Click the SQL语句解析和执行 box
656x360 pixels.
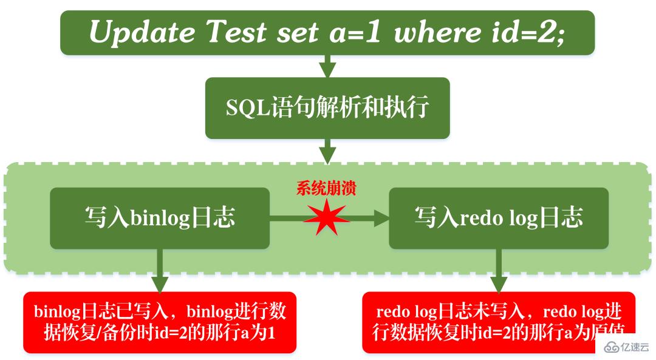point(327,108)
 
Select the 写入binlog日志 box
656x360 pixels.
point(159,218)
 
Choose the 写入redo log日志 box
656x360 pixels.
point(499,218)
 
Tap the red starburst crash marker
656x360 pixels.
point(327,219)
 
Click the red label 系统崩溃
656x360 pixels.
point(326,188)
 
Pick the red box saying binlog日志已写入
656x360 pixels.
point(160,322)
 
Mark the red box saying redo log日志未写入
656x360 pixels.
point(499,322)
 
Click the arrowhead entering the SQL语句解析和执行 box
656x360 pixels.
point(327,68)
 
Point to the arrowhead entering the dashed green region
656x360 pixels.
point(327,154)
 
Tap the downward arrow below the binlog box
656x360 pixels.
point(160,282)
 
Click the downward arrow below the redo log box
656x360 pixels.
point(499,282)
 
